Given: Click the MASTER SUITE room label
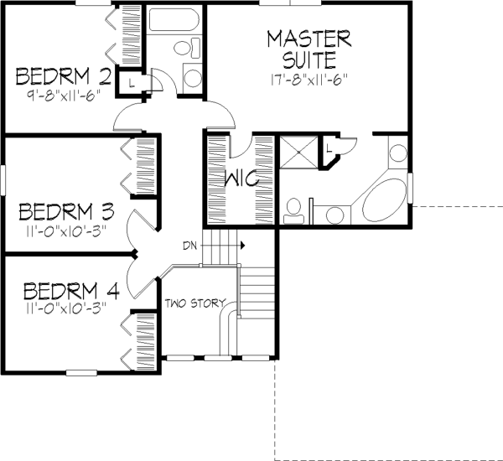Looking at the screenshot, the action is click(x=309, y=49).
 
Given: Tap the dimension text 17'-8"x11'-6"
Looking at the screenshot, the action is click(x=309, y=80).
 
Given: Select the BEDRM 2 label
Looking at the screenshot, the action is click(x=64, y=76).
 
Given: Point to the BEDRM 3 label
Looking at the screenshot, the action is click(x=66, y=211).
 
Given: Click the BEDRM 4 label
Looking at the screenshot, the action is click(x=71, y=291).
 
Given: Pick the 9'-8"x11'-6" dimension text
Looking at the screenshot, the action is click(x=64, y=96).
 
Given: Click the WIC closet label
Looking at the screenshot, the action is click(x=241, y=179).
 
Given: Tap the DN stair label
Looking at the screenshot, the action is click(x=189, y=246).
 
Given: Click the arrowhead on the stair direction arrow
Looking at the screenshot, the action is click(x=243, y=246).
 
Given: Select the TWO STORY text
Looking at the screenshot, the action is click(x=195, y=303).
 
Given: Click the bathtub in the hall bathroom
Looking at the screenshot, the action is click(x=174, y=19).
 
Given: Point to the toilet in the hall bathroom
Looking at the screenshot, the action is click(x=187, y=48).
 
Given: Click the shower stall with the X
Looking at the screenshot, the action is click(x=299, y=152).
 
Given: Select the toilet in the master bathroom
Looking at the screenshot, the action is click(x=293, y=210).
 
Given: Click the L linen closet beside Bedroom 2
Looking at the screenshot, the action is click(x=131, y=83).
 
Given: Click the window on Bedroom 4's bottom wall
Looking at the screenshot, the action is click(x=81, y=373).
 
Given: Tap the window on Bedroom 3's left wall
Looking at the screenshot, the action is click(x=3, y=179).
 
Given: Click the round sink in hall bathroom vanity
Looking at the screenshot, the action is click(x=193, y=78).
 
